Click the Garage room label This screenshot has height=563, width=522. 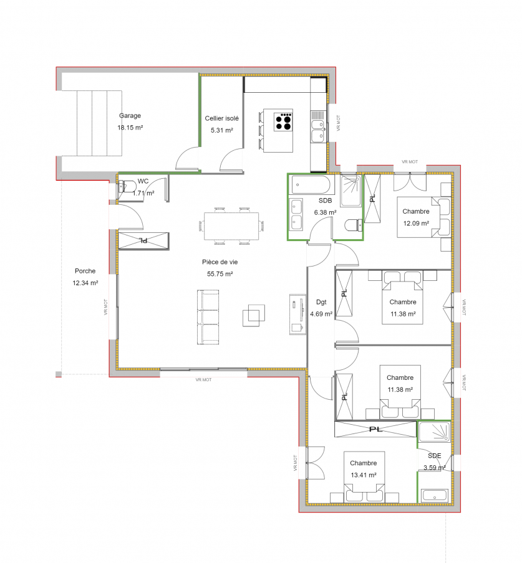point(130,116)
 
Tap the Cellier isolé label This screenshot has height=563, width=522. point(221,118)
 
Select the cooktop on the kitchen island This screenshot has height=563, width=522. point(283,121)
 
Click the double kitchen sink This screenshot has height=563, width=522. point(317,131)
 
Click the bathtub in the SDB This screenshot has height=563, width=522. point(311,185)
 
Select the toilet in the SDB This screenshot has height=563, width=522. point(354,225)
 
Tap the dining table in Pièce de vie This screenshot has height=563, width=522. point(231,226)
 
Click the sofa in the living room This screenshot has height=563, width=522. point(208,317)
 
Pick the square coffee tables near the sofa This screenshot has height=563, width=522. point(254,315)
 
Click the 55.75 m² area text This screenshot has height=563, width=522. point(220,274)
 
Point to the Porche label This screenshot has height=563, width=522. point(85,271)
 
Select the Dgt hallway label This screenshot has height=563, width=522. point(321,302)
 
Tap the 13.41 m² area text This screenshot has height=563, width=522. point(364,475)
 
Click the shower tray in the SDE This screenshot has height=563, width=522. point(434,432)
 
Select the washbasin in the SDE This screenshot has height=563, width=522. point(434,496)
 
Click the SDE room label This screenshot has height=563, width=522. point(434,456)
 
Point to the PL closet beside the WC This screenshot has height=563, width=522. point(143,240)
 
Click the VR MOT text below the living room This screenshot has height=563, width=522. point(203,379)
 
